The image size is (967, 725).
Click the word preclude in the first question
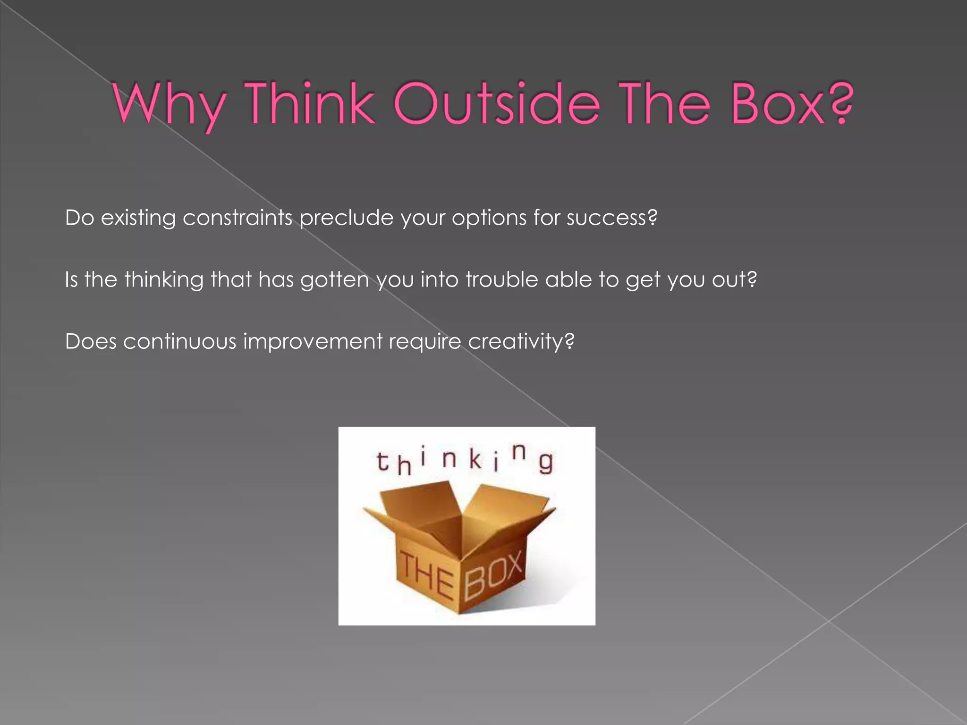(x=346, y=218)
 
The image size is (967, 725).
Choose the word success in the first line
(x=607, y=218)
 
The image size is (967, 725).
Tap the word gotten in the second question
(x=334, y=280)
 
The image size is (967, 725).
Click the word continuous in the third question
(x=179, y=341)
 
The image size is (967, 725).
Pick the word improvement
(x=313, y=341)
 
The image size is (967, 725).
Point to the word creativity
(x=516, y=341)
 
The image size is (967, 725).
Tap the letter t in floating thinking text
(x=382, y=462)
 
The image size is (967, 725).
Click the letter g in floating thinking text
(x=546, y=463)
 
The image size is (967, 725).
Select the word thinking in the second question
(x=164, y=280)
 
